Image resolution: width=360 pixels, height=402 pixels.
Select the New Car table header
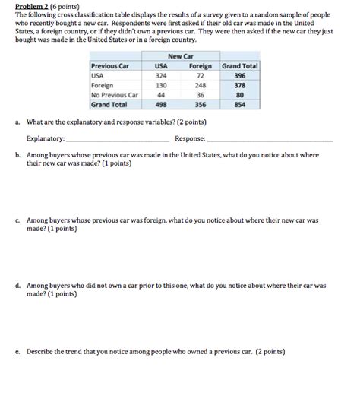pos(178,57)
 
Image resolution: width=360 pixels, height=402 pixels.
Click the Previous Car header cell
pos(110,66)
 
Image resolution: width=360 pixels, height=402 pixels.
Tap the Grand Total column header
pos(240,66)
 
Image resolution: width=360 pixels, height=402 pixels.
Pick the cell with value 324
pos(160,76)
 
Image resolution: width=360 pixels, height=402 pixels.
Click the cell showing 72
pos(201,76)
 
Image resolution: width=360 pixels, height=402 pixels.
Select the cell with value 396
pos(240,76)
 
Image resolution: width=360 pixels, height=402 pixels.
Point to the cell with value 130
pos(160,86)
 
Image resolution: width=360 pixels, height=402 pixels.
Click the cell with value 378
pos(240,86)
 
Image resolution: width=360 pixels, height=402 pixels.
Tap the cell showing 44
pos(160,95)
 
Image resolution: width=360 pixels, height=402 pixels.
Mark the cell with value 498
pos(160,105)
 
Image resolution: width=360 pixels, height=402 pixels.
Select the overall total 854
pos(240,105)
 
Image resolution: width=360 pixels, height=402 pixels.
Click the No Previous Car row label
pos(113,95)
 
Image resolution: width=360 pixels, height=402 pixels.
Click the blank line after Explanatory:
pos(118,140)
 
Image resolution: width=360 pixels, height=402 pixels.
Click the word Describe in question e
pos(41,352)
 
